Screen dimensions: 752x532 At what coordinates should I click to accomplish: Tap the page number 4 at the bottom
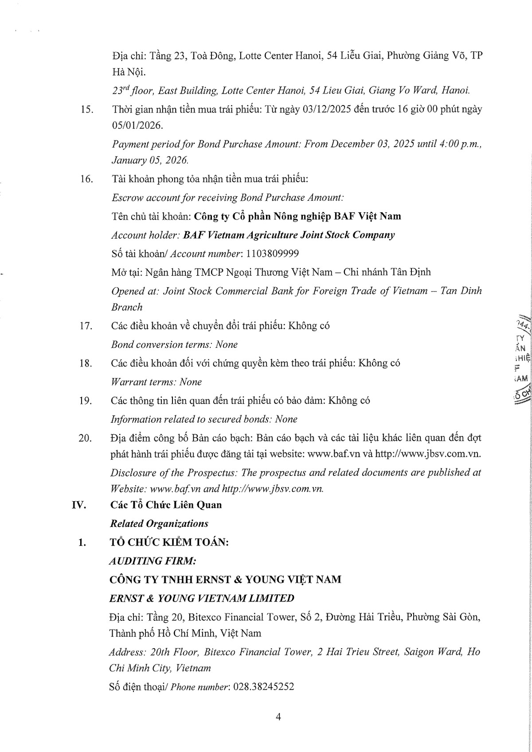click(x=278, y=717)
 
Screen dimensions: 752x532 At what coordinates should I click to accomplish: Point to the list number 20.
click(x=85, y=438)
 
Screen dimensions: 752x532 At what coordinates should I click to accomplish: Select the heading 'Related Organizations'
click(x=159, y=524)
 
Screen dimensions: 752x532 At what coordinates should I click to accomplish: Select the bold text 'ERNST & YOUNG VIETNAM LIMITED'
click(x=201, y=598)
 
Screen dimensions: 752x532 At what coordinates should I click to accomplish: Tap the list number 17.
click(x=86, y=326)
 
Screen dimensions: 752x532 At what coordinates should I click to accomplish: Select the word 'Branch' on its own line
click(x=127, y=307)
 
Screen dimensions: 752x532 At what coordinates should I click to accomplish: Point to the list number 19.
click(x=86, y=401)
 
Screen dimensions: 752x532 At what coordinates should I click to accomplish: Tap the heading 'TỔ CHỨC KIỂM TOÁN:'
click(x=169, y=542)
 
